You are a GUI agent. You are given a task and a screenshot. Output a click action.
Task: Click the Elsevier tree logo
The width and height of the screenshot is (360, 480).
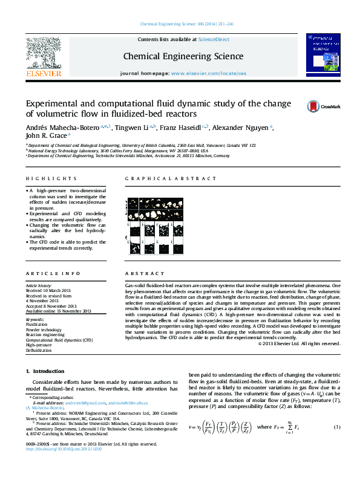coord(43,55)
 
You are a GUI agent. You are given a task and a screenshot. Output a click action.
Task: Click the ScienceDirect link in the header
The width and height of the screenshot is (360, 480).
coord(214,39)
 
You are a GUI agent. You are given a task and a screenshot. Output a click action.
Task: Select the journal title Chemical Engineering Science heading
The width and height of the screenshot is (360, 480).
coord(183,56)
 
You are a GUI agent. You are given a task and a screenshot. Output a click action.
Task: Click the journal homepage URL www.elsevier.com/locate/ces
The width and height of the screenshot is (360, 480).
coord(209,73)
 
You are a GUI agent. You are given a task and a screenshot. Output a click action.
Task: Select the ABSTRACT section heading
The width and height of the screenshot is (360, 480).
coord(140,273)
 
